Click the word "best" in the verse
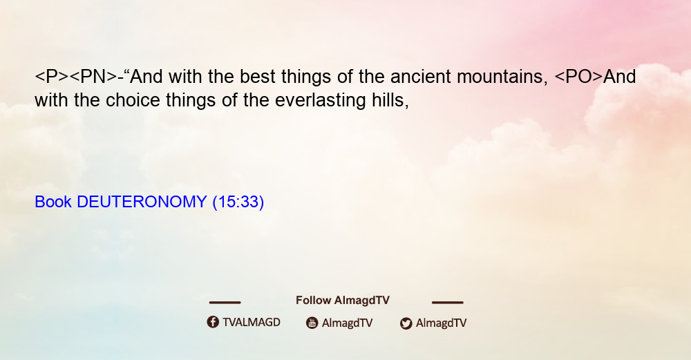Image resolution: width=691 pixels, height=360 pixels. pyautogui.click(x=257, y=77)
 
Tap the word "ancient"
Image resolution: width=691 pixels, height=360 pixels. pyautogui.click(x=421, y=77)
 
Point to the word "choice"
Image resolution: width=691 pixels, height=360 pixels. pyautogui.click(x=133, y=100)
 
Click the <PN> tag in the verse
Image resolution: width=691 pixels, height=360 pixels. pyautogui.click(x=94, y=77)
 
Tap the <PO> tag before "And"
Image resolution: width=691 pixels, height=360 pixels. pyautogui.click(x=578, y=77)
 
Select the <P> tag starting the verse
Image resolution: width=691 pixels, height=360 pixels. pyautogui.click(x=52, y=77)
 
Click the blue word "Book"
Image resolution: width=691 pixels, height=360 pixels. pyautogui.click(x=53, y=202)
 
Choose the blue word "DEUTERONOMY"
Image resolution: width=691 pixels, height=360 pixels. pyautogui.click(x=142, y=202)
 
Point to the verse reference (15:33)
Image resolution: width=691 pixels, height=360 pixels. pyautogui.click(x=238, y=202)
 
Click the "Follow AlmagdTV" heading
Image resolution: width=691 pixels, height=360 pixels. pyautogui.click(x=343, y=300)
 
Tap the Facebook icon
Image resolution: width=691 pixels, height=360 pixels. pyautogui.click(x=213, y=322)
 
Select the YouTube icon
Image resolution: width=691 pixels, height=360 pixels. pyautogui.click(x=312, y=323)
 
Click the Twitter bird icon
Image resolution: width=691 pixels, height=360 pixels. pyautogui.click(x=406, y=323)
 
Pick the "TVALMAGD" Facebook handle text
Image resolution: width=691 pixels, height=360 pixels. pyautogui.click(x=252, y=322)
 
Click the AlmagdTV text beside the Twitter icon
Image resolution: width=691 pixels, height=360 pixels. pyautogui.click(x=441, y=323)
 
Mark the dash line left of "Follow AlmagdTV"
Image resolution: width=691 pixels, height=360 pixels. pyautogui.click(x=225, y=303)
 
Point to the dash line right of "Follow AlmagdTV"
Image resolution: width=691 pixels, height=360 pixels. pyautogui.click(x=448, y=303)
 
